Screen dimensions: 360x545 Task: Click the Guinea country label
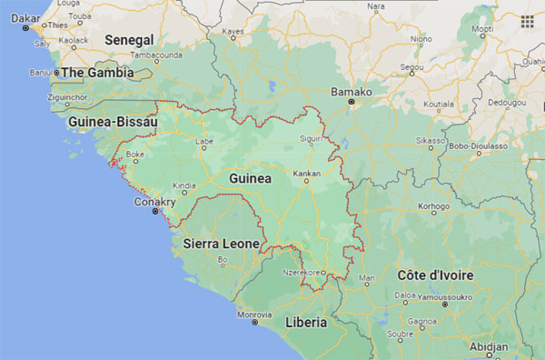point(250,179)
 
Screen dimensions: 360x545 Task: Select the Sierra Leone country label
point(222,244)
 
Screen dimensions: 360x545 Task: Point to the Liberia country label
point(306,323)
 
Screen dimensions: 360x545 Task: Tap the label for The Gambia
point(97,72)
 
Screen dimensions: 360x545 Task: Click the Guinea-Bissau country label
point(113,121)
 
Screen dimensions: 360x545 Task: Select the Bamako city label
point(352,92)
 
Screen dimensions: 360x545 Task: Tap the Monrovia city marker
point(255,322)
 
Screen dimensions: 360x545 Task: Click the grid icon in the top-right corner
point(527,19)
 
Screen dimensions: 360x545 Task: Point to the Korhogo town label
point(433,206)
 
